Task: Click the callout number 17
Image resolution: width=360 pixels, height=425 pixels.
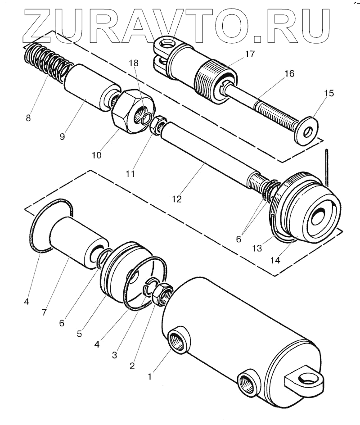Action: coord(250,54)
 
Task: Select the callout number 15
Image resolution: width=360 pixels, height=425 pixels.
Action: coord(329,94)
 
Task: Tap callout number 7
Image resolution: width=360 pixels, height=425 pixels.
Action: coord(44,312)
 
